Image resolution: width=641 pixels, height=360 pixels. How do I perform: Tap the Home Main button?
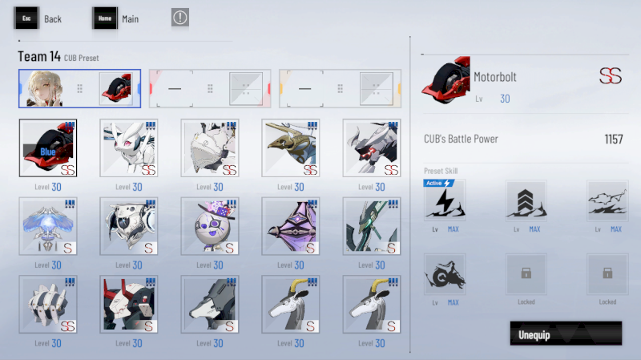(115, 18)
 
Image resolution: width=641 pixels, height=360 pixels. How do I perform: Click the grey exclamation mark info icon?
(180, 18)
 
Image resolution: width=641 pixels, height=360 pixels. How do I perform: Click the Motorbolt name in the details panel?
(495, 77)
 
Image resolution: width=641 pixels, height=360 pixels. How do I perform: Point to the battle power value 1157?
(614, 140)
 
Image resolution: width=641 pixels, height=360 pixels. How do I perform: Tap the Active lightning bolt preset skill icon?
(445, 200)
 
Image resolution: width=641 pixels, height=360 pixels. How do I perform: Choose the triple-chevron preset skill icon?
(526, 200)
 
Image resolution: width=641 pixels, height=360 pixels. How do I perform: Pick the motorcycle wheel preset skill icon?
(445, 274)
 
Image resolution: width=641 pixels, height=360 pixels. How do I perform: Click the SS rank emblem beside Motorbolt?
(611, 77)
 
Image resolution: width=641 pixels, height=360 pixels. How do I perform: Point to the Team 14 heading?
(39, 57)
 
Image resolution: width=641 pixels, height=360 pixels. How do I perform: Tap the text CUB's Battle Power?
(461, 140)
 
